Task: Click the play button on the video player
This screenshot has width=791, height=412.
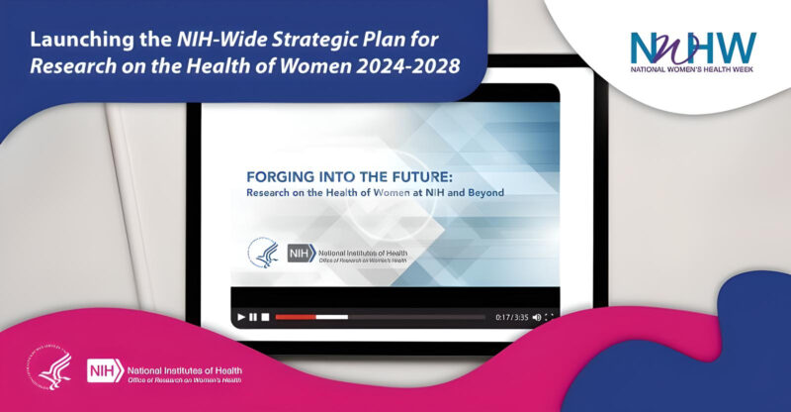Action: pos(240,317)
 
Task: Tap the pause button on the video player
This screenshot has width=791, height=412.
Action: pos(253,317)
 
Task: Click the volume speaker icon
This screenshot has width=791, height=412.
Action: pos(536,317)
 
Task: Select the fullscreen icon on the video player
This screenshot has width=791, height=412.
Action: pos(550,317)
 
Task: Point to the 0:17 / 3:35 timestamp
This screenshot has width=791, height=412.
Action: pos(511,317)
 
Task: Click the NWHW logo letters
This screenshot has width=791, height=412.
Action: pos(692,46)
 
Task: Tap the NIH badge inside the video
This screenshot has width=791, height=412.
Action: pos(300,254)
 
